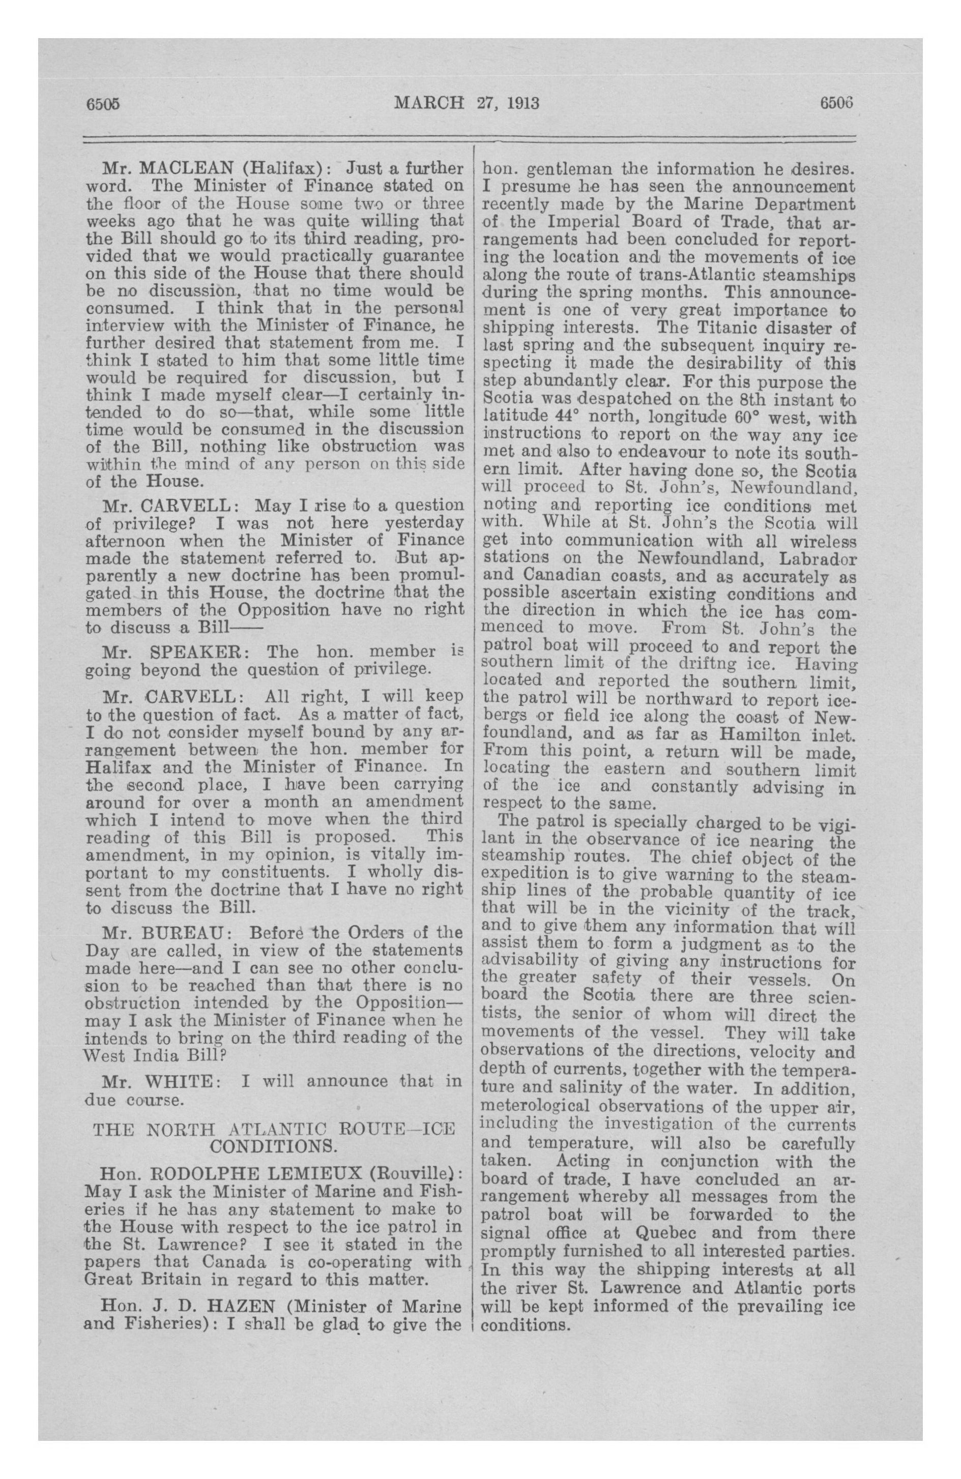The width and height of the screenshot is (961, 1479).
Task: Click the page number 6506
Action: pos(837,103)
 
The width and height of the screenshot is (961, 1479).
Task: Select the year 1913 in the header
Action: pos(522,103)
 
